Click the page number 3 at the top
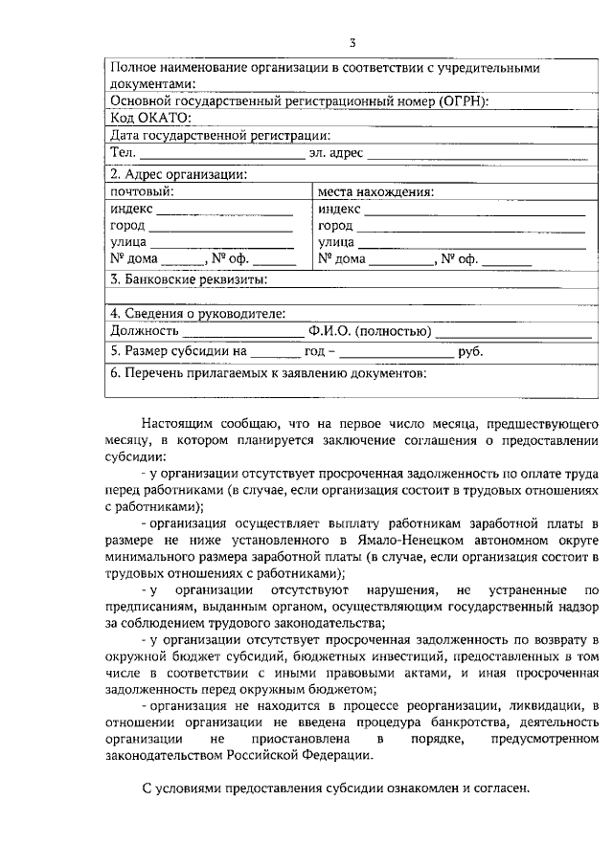point(352,42)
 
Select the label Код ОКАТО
point(150,118)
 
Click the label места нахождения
point(375,191)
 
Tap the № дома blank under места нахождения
point(401,261)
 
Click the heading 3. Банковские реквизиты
point(188,280)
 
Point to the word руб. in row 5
point(470,352)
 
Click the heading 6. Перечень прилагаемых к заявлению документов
point(268,375)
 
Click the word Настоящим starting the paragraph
point(176,423)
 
